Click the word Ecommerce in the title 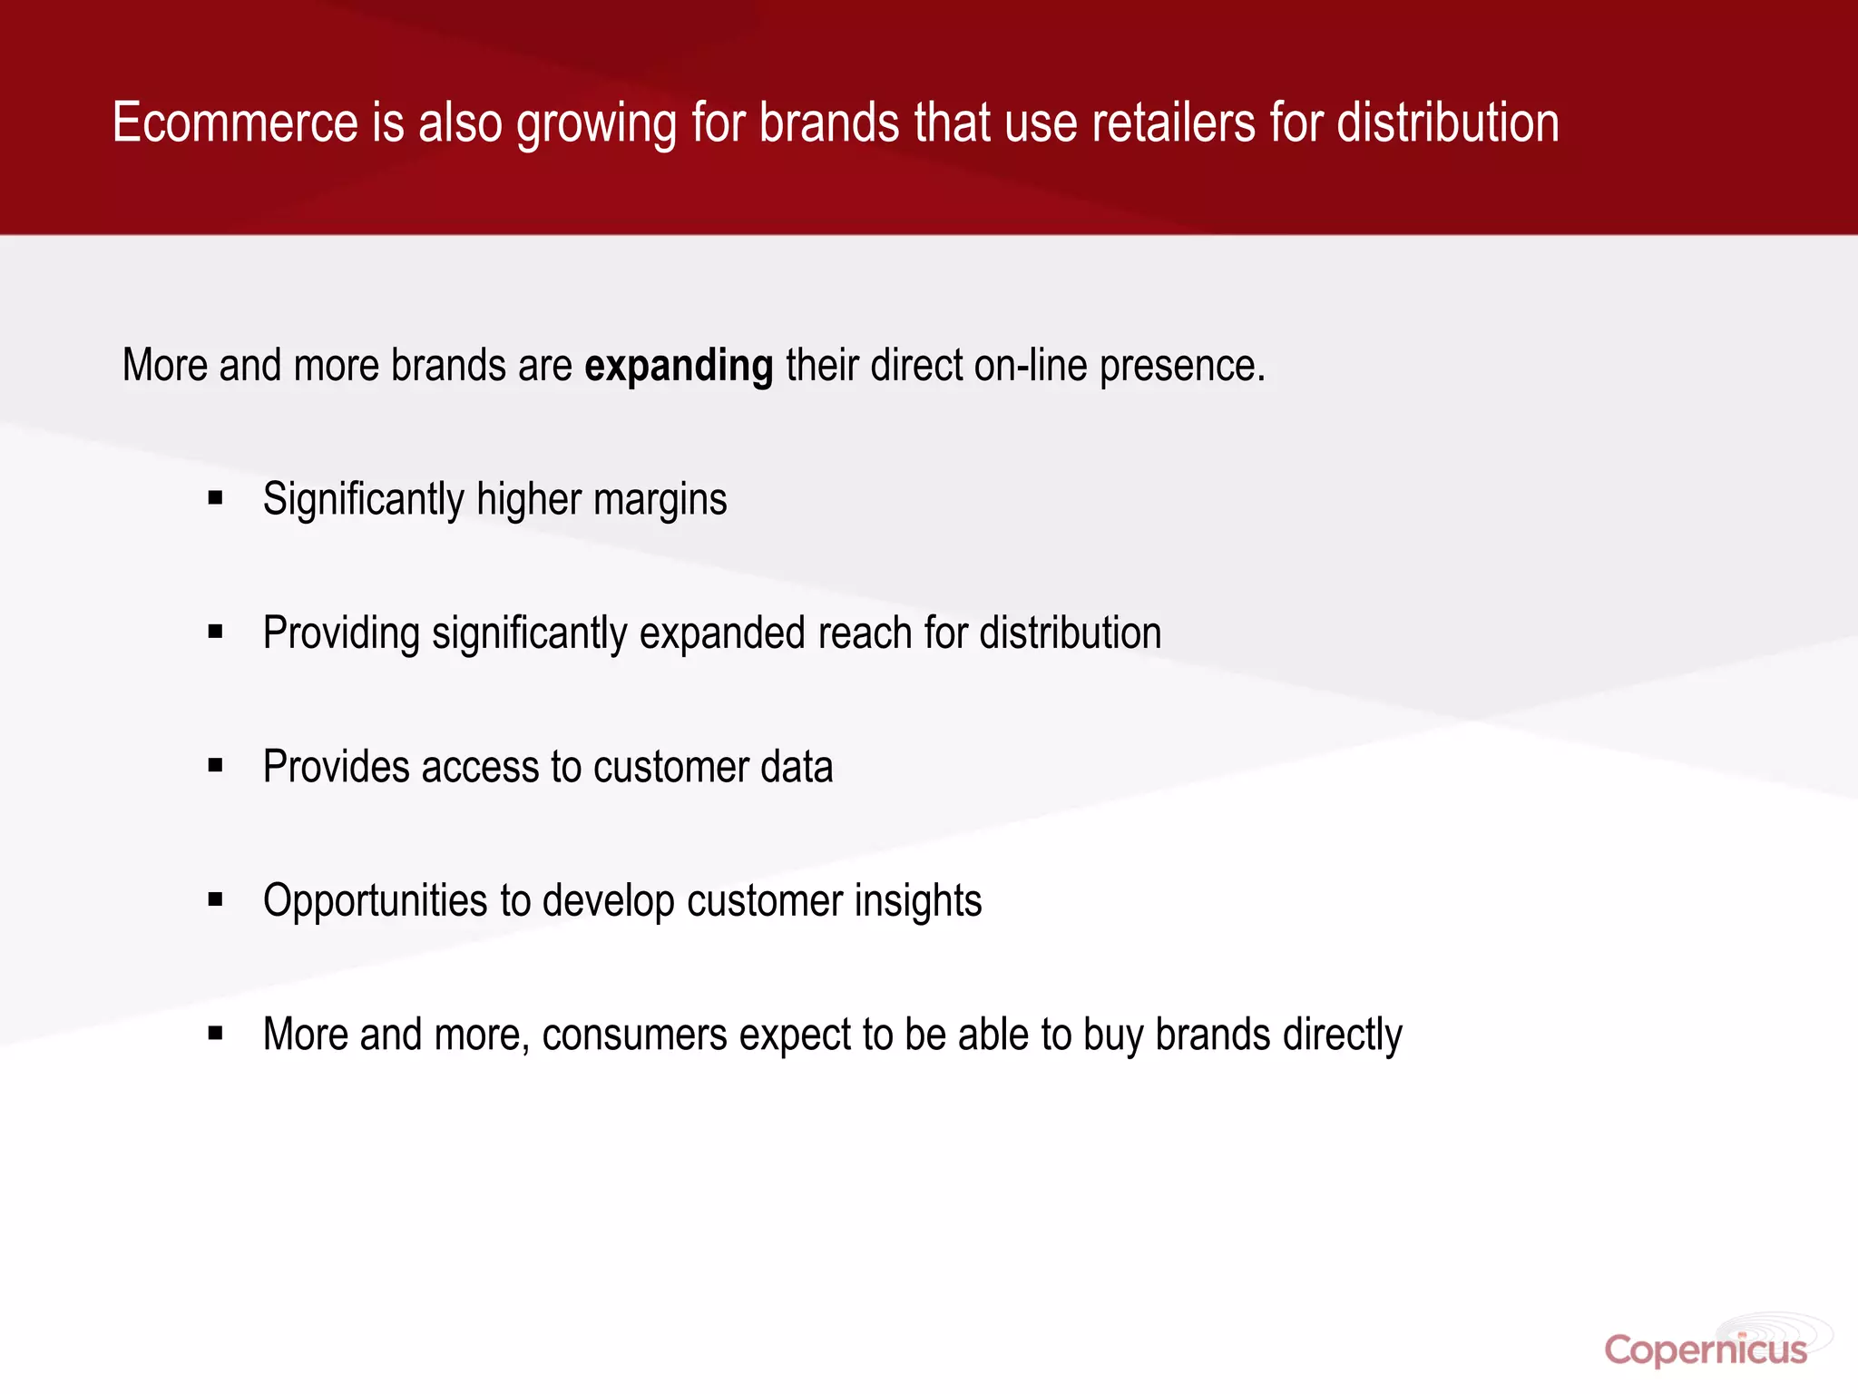(235, 123)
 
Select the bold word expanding (679, 367)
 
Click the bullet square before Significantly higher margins (215, 497)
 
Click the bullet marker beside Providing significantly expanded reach (215, 632)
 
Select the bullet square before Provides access (215, 765)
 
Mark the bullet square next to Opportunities (215, 899)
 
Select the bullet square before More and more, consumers (215, 1033)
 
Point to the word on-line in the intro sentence (1031, 367)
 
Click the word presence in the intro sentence (1181, 367)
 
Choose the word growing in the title (596, 125)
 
